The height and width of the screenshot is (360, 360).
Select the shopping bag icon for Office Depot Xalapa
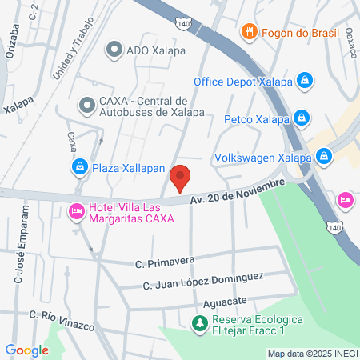[x=304, y=81]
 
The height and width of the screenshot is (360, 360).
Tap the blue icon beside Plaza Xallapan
[x=79, y=166]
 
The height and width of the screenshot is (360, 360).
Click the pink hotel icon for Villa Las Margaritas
[x=77, y=212]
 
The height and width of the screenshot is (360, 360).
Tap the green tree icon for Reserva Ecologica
[x=198, y=323]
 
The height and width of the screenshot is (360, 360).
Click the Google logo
[x=26, y=350]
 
